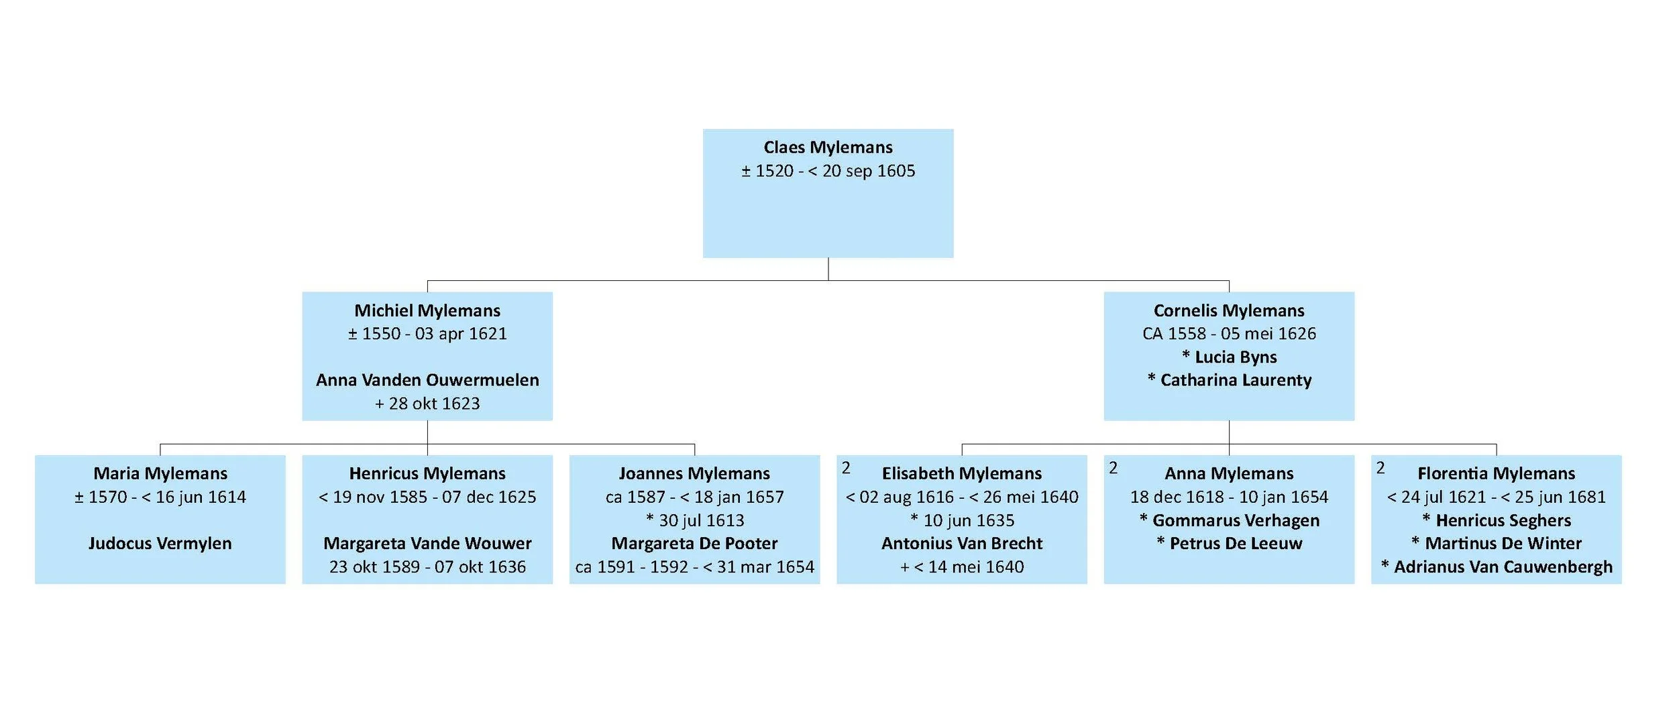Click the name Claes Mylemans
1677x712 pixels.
[828, 147]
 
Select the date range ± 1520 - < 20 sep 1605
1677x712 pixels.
[828, 171]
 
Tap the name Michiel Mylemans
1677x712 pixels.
[427, 310]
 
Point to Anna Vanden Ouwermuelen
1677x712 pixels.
[427, 380]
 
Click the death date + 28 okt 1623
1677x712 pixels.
[427, 404]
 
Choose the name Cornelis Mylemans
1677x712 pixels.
[1229, 310]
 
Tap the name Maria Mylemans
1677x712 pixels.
[160, 473]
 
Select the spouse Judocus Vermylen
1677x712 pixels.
[160, 543]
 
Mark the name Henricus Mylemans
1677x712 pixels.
[427, 473]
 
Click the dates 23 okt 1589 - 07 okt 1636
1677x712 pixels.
[427, 567]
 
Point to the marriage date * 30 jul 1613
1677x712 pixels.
[695, 520]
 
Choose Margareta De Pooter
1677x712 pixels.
[694, 543]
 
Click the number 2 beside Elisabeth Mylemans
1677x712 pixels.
[846, 468]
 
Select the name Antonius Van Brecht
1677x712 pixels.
[962, 543]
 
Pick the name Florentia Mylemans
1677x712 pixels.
[1496, 473]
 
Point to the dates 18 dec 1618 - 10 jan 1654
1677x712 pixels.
[1229, 497]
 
